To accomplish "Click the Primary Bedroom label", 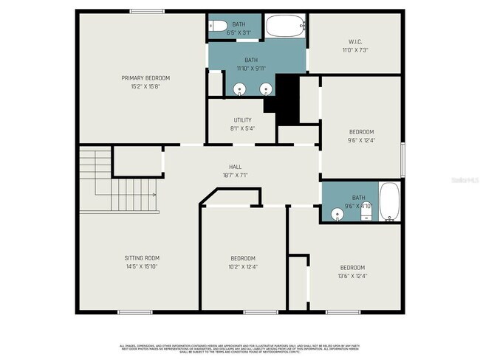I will (x=145, y=77).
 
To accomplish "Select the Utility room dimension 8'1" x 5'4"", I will (x=242, y=128).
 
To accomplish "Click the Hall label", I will (x=236, y=167).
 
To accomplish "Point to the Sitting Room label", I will (x=142, y=257).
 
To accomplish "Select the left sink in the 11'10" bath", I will (x=240, y=90).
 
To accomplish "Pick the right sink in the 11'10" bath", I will (x=266, y=90).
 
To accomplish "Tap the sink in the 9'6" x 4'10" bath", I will (x=337, y=215).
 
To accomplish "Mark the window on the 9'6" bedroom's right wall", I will (x=402, y=159).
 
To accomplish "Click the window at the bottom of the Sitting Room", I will (x=134, y=312).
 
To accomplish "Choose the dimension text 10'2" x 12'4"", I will (x=244, y=267).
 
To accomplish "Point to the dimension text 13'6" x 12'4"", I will (x=352, y=276).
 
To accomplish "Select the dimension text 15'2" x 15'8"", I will (x=145, y=86).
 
